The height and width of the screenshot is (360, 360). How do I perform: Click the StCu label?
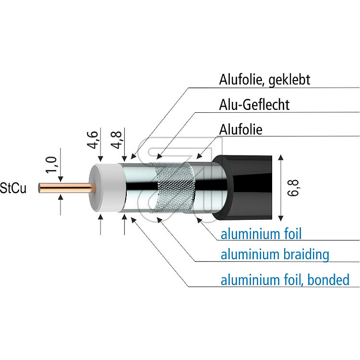[x=13, y=188]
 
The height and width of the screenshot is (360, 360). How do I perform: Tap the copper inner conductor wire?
[x=67, y=188]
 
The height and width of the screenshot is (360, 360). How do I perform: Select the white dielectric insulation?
[x=107, y=188]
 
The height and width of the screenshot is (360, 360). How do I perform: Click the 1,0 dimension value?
[x=51, y=165]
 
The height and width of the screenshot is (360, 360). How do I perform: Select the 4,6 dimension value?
[x=93, y=140]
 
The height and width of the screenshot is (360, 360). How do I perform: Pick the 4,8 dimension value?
[x=116, y=140]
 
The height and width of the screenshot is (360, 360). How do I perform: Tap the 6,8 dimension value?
[x=293, y=188]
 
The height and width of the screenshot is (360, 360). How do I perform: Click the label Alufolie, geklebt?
[x=264, y=80]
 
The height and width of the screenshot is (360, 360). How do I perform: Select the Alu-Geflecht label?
[x=254, y=105]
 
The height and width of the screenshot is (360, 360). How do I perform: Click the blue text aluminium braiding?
[x=275, y=254]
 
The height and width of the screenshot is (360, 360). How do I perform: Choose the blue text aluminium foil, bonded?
[x=285, y=280]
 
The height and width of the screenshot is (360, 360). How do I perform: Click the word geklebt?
[x=289, y=80]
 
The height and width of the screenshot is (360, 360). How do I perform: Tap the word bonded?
[x=328, y=280]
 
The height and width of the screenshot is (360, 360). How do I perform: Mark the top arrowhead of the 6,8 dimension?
[x=281, y=157]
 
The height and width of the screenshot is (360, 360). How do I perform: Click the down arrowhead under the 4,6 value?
[x=101, y=159]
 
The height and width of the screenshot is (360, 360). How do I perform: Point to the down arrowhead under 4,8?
[x=124, y=159]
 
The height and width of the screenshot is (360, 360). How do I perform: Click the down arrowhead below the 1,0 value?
[x=60, y=180]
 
